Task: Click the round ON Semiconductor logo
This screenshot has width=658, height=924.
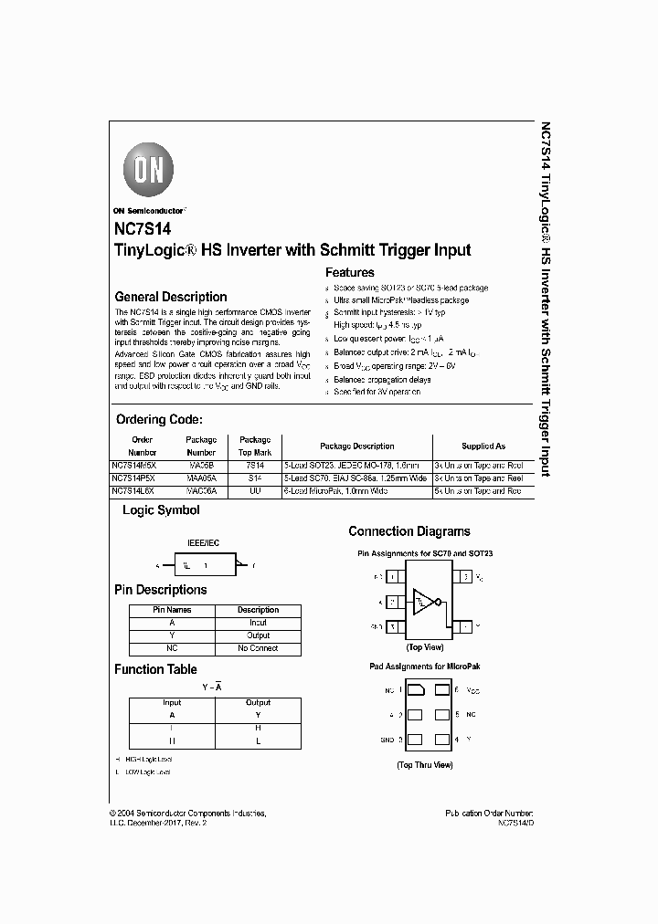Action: tap(147, 169)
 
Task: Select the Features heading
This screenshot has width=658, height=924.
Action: tap(349, 272)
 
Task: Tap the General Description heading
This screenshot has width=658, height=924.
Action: tap(170, 297)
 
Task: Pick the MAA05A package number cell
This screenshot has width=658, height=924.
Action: tap(201, 478)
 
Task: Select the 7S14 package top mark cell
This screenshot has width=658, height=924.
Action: tap(255, 465)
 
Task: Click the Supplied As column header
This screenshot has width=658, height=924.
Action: tap(483, 446)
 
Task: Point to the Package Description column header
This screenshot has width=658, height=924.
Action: tap(356, 446)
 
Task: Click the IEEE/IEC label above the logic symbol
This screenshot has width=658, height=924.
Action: tap(203, 542)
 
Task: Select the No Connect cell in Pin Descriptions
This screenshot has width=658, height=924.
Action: tap(258, 647)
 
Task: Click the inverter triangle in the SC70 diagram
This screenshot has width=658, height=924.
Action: tap(423, 601)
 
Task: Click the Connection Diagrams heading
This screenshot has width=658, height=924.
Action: tap(409, 531)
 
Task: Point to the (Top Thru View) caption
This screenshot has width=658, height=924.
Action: tap(424, 765)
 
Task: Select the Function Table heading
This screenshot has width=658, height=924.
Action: tap(155, 669)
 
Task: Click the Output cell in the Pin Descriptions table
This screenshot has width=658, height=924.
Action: tap(258, 635)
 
